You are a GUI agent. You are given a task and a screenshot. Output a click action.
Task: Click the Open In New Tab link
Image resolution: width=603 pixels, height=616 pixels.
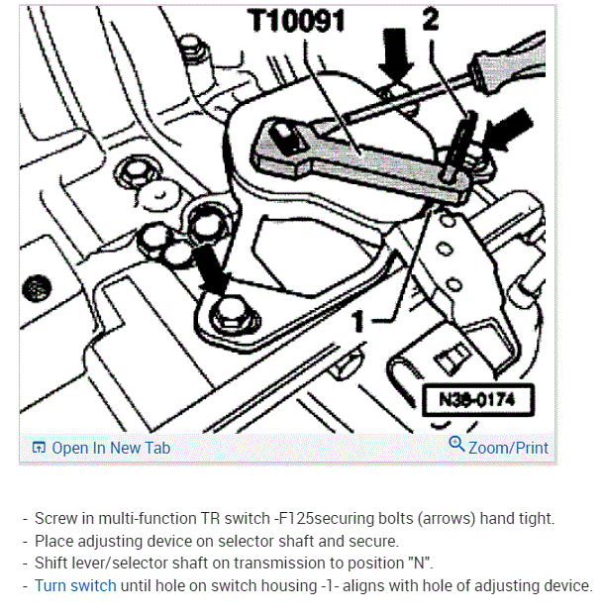click(x=111, y=448)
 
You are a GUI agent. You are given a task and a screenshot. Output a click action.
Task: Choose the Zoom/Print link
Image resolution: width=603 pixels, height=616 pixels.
click(x=508, y=448)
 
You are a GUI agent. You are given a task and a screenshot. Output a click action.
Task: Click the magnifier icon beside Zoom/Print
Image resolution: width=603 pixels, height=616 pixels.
click(x=456, y=444)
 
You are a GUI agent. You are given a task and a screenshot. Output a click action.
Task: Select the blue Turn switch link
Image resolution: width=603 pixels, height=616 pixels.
click(x=75, y=585)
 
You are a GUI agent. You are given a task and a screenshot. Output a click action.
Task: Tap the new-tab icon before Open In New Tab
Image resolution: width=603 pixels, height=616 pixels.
click(x=39, y=448)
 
